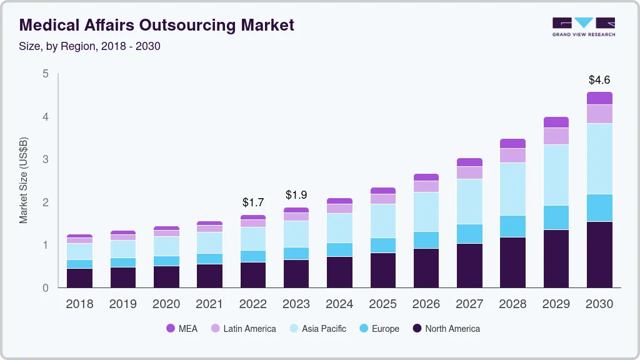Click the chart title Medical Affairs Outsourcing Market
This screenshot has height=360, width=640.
(157, 25)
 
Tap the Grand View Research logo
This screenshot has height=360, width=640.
(583, 26)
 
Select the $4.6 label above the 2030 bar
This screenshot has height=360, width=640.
(599, 80)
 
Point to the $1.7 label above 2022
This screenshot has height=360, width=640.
(252, 202)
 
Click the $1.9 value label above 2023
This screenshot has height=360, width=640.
(296, 195)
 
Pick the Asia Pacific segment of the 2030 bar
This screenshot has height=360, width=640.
(599, 159)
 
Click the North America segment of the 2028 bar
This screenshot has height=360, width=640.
(512, 262)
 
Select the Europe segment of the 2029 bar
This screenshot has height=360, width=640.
(556, 217)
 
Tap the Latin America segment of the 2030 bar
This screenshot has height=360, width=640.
(599, 114)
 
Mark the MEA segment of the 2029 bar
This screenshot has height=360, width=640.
(556, 122)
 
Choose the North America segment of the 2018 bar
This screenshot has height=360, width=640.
(79, 278)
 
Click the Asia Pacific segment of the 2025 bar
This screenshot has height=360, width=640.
(382, 221)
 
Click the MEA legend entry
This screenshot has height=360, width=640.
(182, 328)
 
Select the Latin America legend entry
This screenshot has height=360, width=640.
(243, 328)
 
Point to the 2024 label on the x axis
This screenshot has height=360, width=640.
(339, 304)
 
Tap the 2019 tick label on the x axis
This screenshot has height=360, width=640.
(123, 304)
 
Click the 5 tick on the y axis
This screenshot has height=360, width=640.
(45, 74)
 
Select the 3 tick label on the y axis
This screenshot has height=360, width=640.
(45, 159)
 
